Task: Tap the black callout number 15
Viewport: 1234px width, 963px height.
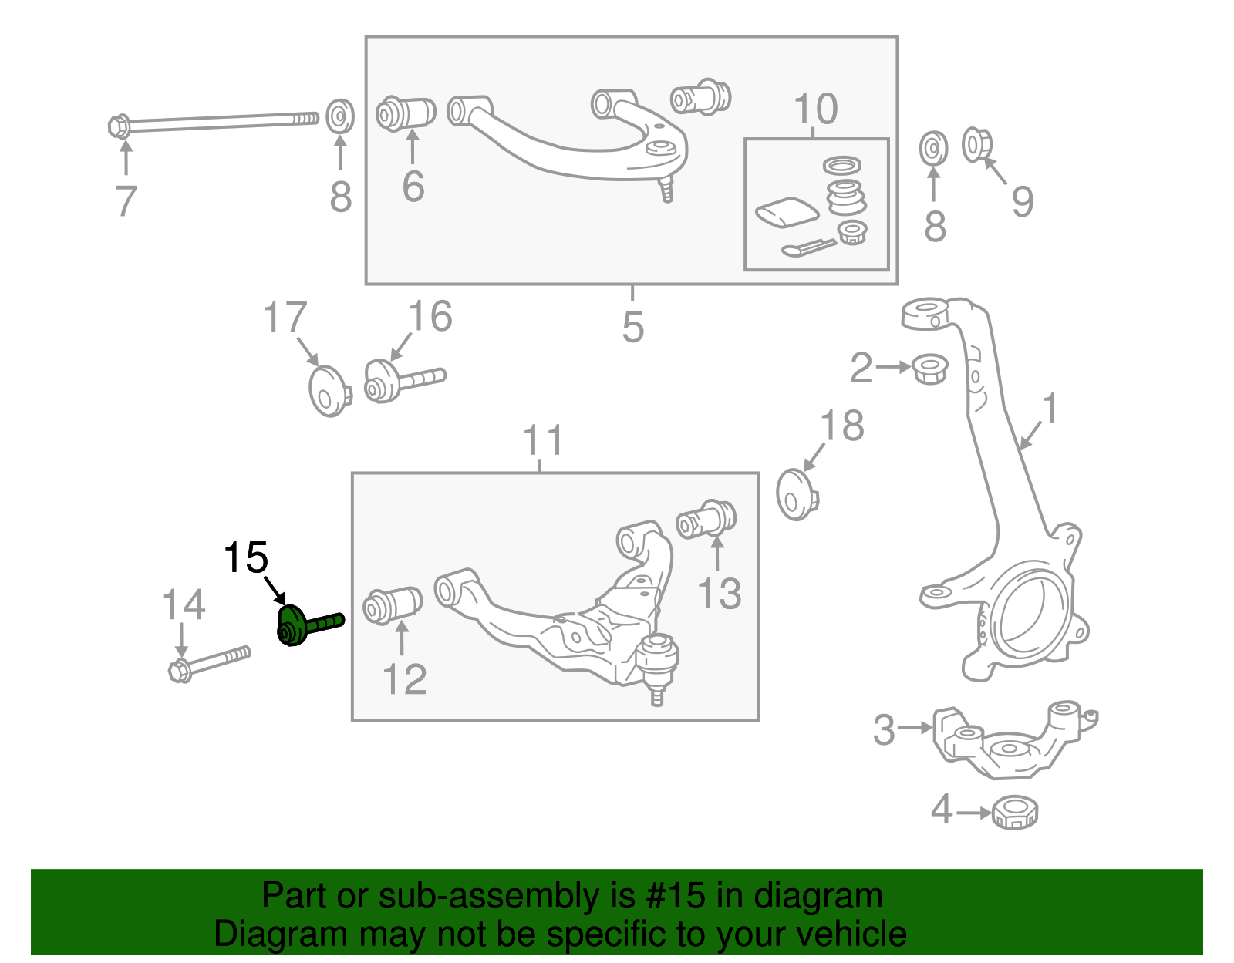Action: (245, 557)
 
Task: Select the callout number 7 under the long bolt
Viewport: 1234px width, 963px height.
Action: (126, 201)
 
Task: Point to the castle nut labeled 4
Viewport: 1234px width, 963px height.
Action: (1014, 812)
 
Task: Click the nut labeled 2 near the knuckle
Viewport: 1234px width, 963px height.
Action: (929, 369)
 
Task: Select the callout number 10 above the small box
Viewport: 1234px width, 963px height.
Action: (815, 109)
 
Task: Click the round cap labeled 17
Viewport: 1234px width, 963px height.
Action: (329, 391)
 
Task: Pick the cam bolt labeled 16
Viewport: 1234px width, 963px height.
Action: (401, 380)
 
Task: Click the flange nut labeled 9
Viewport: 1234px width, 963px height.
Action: (977, 145)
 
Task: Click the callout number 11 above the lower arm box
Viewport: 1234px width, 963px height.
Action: (543, 440)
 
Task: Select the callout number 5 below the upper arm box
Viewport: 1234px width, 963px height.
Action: (632, 327)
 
